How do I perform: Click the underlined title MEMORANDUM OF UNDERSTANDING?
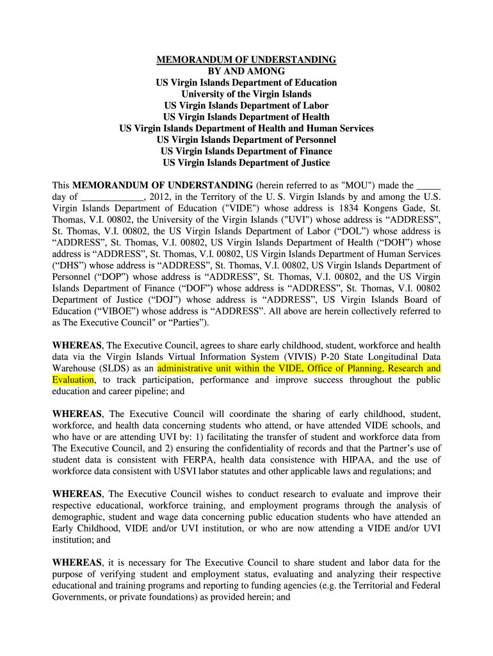pos(247,60)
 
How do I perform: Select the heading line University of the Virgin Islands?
pos(247,94)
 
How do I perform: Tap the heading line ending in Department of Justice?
pos(247,163)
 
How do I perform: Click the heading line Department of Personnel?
pos(247,140)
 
